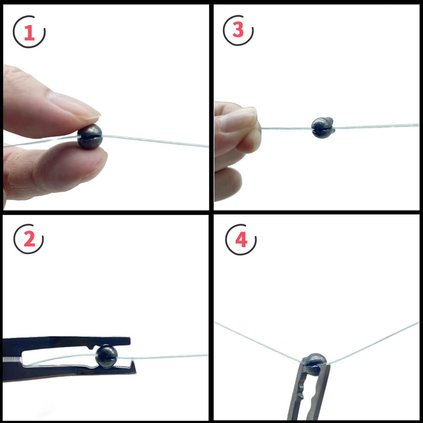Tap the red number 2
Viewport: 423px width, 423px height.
click(29, 240)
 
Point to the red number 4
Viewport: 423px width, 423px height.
click(241, 240)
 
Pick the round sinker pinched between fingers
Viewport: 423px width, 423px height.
click(90, 136)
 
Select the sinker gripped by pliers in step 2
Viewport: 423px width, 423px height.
click(106, 356)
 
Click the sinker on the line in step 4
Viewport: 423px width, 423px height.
click(314, 363)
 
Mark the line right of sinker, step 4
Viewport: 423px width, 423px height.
click(372, 343)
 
